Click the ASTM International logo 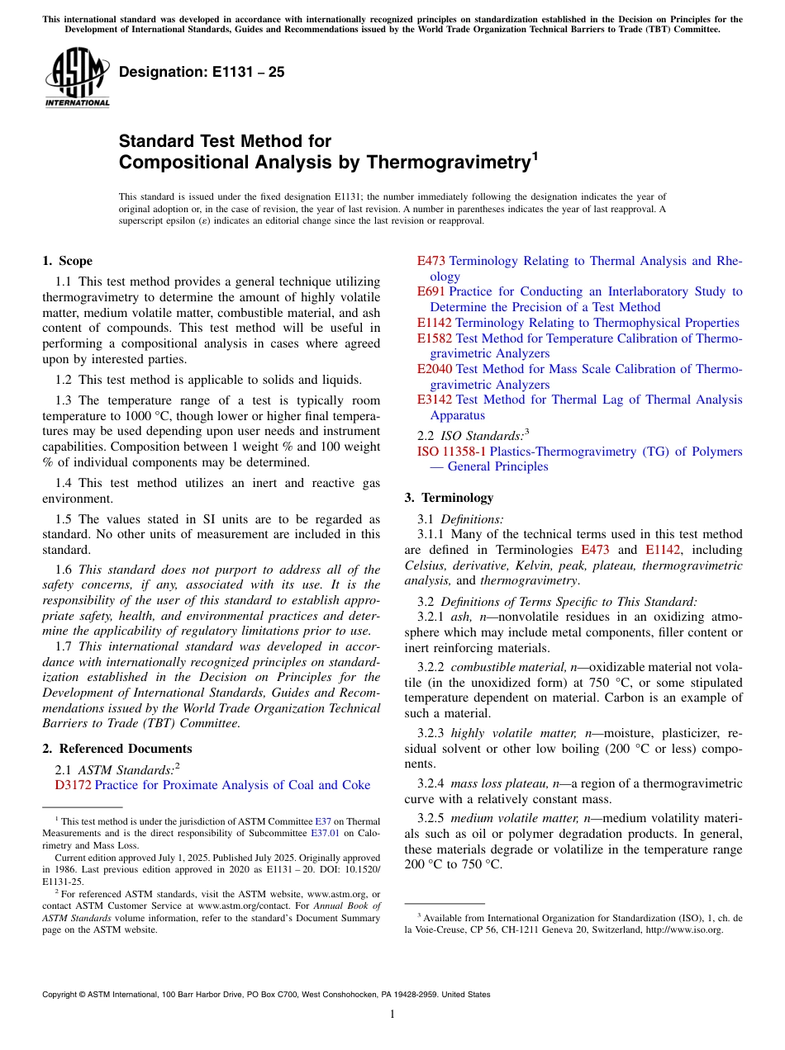tap(76, 78)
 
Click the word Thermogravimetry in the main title tap(446, 163)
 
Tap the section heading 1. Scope tap(68, 262)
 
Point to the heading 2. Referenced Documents tap(117, 749)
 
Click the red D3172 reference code tap(73, 785)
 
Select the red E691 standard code tap(431, 291)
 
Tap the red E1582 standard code tap(435, 338)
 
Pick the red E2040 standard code tap(435, 369)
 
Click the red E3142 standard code tap(435, 400)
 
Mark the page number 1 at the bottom tap(392, 1015)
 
